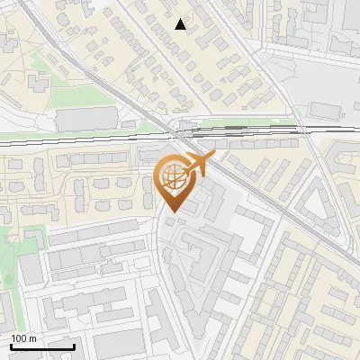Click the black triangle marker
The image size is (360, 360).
pyautogui.click(x=181, y=25)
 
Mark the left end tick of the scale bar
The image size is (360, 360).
pyautogui.click(x=11, y=345)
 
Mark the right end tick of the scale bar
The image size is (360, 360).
pyautogui.click(x=74, y=345)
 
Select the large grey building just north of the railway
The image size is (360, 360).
pyautogui.click(x=86, y=119)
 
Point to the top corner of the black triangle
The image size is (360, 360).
pyautogui.click(x=181, y=20)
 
